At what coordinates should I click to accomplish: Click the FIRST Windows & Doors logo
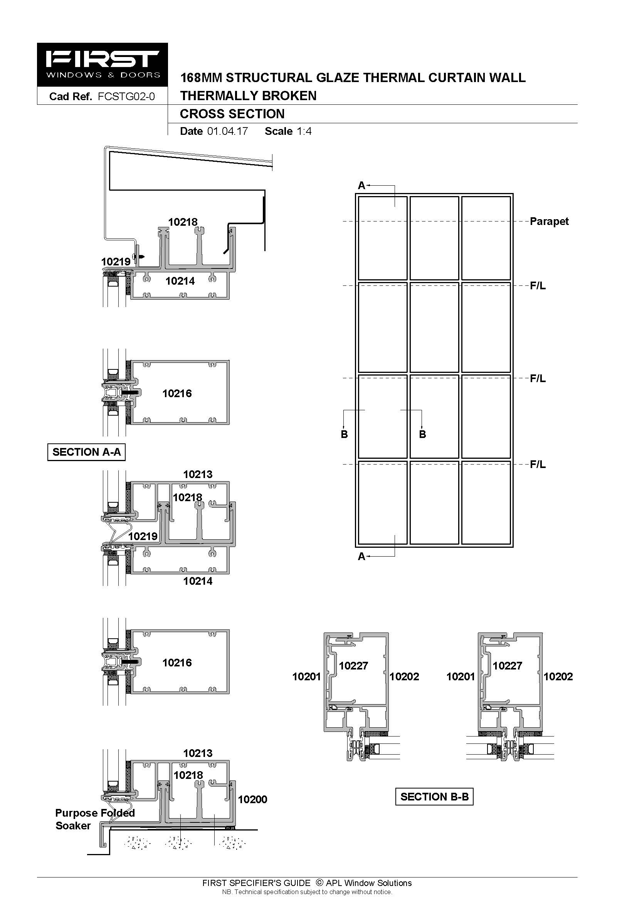103,65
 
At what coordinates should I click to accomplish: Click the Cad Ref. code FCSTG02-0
126,97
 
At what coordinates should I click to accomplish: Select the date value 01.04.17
228,131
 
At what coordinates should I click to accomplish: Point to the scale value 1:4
304,131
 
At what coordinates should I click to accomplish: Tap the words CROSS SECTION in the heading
232,114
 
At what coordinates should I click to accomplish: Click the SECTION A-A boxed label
86,452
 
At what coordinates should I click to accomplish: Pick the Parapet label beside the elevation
549,221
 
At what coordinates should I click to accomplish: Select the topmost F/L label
538,286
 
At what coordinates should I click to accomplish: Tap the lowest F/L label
538,464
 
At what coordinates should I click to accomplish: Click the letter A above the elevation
361,186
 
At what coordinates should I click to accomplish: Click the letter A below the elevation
361,557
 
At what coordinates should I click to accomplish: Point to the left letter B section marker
344,435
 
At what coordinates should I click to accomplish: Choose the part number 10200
252,800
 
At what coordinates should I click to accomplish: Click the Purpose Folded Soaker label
95,819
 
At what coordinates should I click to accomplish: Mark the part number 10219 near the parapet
116,262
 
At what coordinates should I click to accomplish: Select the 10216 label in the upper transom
177,394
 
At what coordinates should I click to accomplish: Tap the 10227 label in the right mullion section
508,666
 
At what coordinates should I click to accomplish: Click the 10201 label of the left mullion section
306,676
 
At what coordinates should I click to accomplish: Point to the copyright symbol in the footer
319,883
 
